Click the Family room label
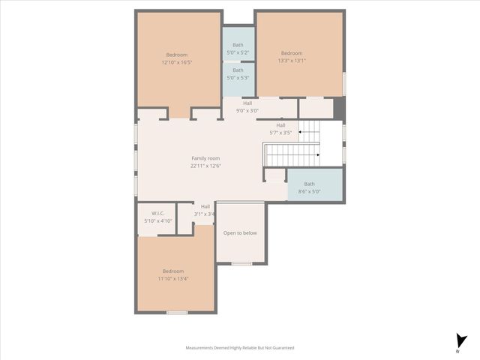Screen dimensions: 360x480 [205, 158]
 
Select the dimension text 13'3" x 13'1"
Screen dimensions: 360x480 [292, 61]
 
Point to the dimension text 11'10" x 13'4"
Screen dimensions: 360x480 [173, 278]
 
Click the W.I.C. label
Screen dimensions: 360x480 [157, 214]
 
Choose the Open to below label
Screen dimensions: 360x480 [240, 233]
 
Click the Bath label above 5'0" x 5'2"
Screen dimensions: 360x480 [238, 45]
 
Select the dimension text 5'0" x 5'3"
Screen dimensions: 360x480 [238, 78]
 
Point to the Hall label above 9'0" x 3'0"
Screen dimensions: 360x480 [247, 103]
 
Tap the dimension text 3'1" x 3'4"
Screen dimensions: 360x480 [205, 214]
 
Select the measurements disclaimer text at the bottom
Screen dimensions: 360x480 [240, 348]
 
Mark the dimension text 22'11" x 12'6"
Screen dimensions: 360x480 [205, 166]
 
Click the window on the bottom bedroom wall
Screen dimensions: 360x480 [177, 312]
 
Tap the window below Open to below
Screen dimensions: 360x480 [241, 263]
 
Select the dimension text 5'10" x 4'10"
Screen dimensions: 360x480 [158, 221]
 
